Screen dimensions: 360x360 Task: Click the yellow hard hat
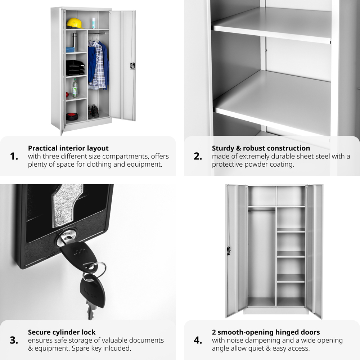coord(75,23)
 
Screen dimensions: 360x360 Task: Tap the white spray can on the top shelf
coord(94,23)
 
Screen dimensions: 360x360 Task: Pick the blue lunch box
coord(70,50)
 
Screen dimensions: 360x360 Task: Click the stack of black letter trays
coord(75,68)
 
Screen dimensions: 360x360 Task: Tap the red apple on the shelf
coord(67,95)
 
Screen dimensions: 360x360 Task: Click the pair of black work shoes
coord(94,111)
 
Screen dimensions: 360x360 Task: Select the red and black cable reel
coord(72,117)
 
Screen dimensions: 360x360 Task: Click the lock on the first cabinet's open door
coord(132,66)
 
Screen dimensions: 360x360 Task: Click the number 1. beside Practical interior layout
coord(14,156)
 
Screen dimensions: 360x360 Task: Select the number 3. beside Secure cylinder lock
coord(14,340)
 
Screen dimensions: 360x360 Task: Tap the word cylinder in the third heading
coord(67,332)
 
